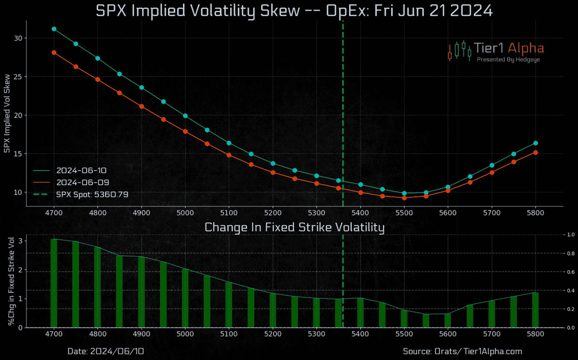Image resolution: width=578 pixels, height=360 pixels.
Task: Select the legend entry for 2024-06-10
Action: pos(82,170)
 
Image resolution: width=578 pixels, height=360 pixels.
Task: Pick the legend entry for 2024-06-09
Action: pos(82,182)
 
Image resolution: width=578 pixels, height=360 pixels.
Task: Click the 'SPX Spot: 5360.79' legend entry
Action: pos(92,194)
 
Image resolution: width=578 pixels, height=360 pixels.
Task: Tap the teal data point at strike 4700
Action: pos(54,29)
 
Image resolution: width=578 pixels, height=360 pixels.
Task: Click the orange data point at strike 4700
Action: pos(54,52)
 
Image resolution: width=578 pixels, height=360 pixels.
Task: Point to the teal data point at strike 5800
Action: pos(535,143)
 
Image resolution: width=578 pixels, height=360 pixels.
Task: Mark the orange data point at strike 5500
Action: pos(404,198)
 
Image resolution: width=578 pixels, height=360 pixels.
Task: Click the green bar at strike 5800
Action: pos(535,310)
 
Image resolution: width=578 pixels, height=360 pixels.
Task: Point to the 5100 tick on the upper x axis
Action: pos(229,213)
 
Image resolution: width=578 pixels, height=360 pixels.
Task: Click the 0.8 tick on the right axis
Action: pos(570,253)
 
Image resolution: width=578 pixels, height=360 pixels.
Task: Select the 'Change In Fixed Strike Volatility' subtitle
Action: pos(294,227)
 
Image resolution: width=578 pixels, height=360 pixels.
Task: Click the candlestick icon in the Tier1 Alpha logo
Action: pos(460,51)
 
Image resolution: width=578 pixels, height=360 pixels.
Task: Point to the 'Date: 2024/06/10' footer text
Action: pos(105,351)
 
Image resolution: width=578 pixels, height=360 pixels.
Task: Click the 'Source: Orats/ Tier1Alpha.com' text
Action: pos(462,351)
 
